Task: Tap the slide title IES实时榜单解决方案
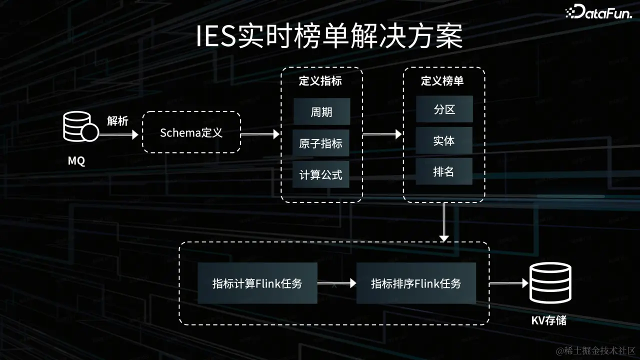pos(329,37)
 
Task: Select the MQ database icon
pos(80,127)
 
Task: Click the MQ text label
pos(76,161)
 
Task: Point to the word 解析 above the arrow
pos(117,121)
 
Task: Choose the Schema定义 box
pos(191,132)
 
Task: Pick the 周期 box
pos(321,111)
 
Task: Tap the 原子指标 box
pos(321,143)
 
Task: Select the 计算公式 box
pos(321,174)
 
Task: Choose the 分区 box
pos(444,109)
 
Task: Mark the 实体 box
pos(444,141)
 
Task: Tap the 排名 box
pos(444,172)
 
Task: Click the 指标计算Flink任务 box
pos(257,283)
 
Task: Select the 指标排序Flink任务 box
pos(416,283)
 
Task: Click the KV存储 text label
pos(549,320)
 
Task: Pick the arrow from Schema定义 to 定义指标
pos(260,134)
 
